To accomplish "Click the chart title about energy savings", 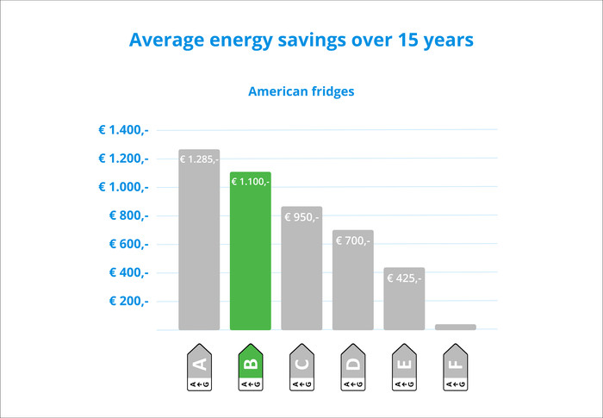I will coord(301,41).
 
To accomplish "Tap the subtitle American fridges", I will coord(301,90).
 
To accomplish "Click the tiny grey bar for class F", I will coord(456,327).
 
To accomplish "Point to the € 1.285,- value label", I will coord(199,159).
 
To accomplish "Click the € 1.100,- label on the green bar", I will coord(251,181).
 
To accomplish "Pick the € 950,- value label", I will coord(301,217).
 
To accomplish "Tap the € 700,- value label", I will coord(353,240).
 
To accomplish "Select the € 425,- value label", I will coord(404,278).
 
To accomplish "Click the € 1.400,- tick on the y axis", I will coord(124,130).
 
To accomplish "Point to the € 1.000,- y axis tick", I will coord(124,187).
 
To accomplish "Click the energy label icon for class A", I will coord(199,369).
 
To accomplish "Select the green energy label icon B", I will coord(251,369).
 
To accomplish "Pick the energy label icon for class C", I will coord(301,369).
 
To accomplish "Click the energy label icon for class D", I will coord(353,369).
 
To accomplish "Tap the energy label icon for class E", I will coord(404,369).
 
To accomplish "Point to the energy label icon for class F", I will coord(456,369).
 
